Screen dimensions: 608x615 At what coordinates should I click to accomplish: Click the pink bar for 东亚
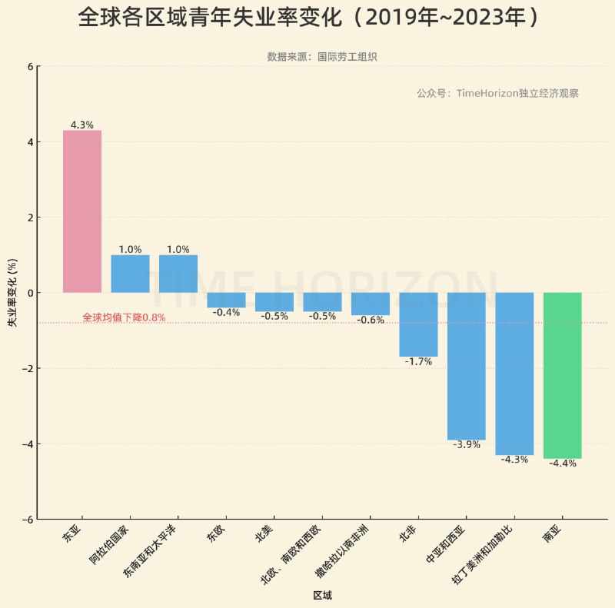(x=81, y=211)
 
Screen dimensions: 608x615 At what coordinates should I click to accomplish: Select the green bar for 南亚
(x=562, y=375)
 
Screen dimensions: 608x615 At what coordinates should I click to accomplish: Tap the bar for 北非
(x=418, y=324)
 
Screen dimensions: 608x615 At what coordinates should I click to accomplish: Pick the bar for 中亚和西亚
(x=466, y=366)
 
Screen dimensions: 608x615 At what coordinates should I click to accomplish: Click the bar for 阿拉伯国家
(x=130, y=274)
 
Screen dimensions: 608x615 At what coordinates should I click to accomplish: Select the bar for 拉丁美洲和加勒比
(x=514, y=374)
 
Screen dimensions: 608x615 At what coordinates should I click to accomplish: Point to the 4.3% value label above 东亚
(x=81, y=125)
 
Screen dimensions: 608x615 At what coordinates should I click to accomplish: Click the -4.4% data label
(x=562, y=463)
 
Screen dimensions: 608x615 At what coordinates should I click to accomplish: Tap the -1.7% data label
(x=418, y=361)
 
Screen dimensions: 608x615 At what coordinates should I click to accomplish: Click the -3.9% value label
(x=466, y=444)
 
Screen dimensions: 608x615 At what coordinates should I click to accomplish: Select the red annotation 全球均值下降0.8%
(x=124, y=317)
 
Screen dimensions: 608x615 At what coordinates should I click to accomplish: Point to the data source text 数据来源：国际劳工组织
(x=321, y=57)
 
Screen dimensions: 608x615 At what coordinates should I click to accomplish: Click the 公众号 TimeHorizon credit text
(x=497, y=93)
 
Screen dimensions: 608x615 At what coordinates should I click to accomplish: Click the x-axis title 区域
(x=322, y=596)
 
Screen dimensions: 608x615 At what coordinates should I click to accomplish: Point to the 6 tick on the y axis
(x=30, y=66)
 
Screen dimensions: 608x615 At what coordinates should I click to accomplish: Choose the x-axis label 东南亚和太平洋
(x=150, y=552)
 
